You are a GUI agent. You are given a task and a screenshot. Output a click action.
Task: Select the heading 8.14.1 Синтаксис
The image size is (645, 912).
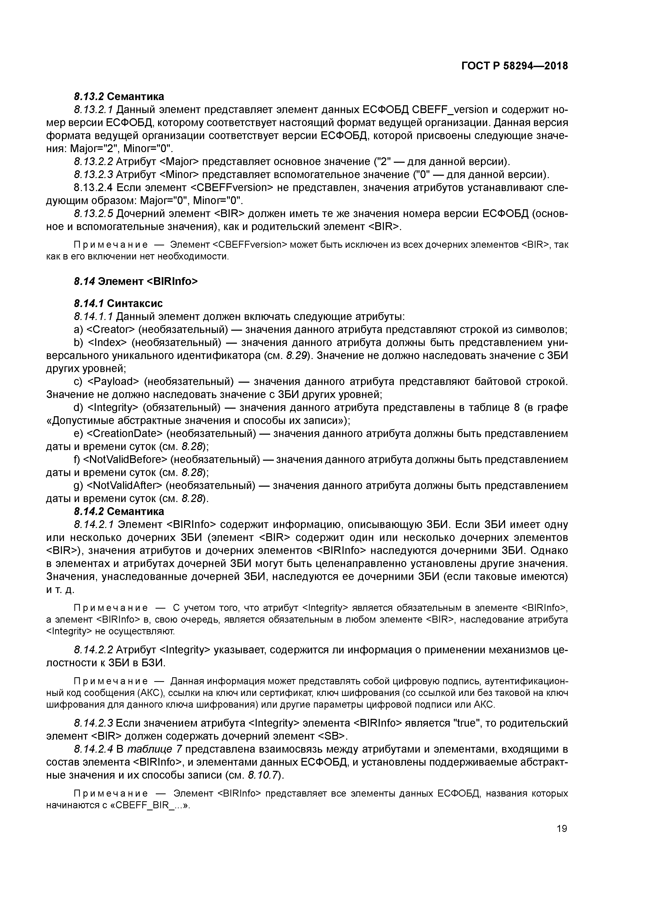118,303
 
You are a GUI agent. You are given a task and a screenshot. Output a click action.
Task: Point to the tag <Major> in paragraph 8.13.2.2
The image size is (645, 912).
178,162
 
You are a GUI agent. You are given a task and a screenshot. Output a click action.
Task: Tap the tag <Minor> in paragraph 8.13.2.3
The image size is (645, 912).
178,174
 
